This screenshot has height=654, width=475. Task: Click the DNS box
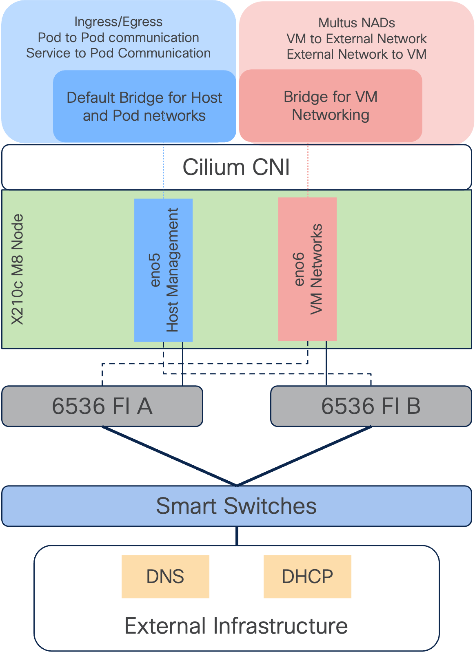tap(165, 577)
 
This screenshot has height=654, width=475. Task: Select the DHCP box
tap(307, 577)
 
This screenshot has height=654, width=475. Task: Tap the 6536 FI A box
tap(102, 406)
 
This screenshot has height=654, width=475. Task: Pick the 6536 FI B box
tap(371, 406)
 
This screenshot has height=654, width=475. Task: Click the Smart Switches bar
tap(237, 506)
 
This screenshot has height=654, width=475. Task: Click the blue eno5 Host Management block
tap(163, 270)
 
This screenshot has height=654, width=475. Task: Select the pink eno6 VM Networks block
tap(307, 269)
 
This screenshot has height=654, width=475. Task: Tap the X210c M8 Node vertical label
tap(17, 269)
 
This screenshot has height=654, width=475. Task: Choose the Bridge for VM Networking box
tap(331, 106)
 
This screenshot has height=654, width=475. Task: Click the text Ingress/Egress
tap(118, 22)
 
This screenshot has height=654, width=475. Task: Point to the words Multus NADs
tap(356, 23)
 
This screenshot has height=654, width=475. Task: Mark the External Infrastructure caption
tap(236, 626)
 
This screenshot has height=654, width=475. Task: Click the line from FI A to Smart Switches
tap(169, 456)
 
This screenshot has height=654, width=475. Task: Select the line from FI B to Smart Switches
tap(304, 456)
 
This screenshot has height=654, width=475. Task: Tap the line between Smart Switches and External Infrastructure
tap(237, 536)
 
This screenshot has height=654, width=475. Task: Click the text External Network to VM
tap(356, 54)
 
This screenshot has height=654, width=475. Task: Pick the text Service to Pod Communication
tap(118, 53)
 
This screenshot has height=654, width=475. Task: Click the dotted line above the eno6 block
tap(308, 171)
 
